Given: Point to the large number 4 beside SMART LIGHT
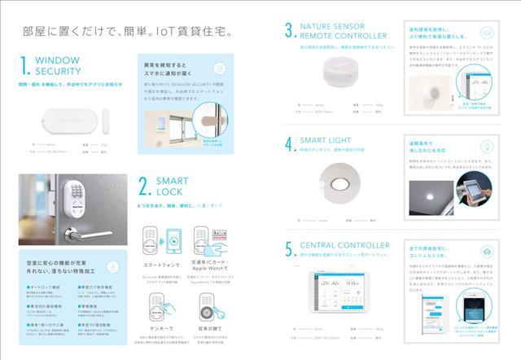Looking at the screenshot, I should [x=290, y=144].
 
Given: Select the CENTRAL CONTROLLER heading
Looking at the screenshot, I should [x=345, y=244].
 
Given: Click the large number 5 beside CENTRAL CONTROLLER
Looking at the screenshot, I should [x=290, y=248].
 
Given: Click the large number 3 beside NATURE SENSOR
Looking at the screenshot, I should [x=290, y=33].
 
